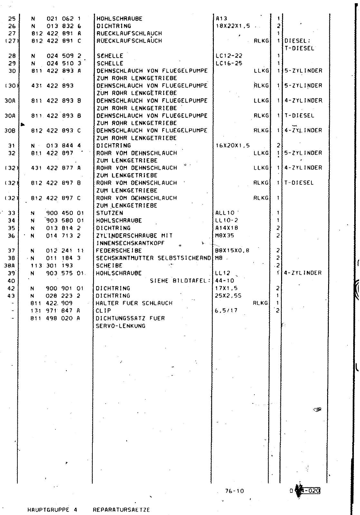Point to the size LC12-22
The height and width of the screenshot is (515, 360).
click(x=229, y=56)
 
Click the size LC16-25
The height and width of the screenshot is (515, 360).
click(x=229, y=63)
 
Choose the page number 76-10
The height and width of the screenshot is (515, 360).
click(x=234, y=491)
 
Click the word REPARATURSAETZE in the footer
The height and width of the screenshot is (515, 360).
click(x=121, y=510)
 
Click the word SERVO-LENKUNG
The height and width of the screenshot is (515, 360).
click(x=121, y=326)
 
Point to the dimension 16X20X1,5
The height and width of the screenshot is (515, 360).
click(x=232, y=146)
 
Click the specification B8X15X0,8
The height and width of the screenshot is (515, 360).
click(x=232, y=251)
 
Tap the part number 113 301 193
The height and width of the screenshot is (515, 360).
click(x=52, y=266)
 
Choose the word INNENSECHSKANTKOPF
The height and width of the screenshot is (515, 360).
click(x=130, y=243)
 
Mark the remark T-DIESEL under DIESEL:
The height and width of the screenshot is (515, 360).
click(x=299, y=48)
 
